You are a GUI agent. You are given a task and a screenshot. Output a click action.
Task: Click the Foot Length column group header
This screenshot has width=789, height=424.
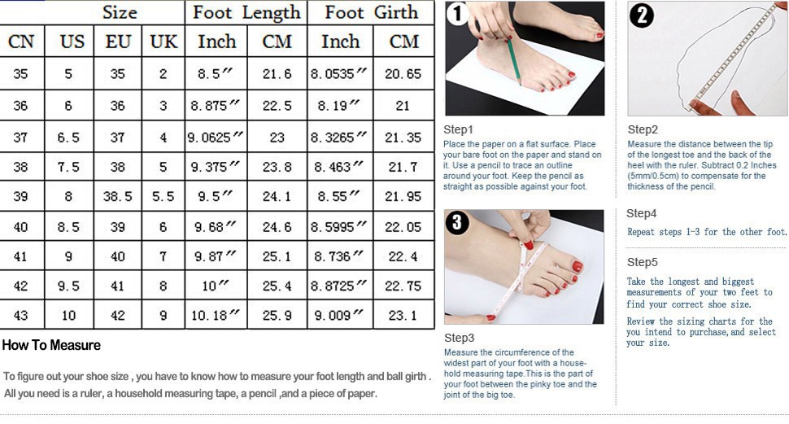point(246,12)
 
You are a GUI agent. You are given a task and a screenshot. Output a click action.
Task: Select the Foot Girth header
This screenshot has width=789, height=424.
point(372,12)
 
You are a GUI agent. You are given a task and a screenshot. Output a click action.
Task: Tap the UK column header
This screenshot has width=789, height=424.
point(163,42)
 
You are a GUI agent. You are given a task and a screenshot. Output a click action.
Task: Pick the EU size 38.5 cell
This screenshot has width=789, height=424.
point(118,196)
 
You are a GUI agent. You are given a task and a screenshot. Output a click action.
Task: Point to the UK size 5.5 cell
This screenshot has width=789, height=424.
point(163,196)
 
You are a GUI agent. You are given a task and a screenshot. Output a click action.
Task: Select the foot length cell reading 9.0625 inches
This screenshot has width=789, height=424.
point(216,137)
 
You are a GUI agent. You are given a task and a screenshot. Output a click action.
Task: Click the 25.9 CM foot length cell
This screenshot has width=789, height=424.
point(277,316)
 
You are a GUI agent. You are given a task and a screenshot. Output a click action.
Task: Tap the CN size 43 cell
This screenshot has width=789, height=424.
point(20,316)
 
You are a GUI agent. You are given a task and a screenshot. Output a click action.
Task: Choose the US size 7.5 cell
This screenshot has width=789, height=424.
point(68,167)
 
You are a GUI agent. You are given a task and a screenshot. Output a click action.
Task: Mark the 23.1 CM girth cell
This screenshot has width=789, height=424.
point(403,316)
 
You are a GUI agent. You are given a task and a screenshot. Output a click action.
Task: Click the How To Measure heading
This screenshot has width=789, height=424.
point(51,345)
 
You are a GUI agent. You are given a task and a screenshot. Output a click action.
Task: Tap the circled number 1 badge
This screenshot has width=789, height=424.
point(457,14)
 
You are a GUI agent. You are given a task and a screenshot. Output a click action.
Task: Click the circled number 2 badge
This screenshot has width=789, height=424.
point(641,15)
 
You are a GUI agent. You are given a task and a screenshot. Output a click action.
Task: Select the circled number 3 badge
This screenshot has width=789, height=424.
point(457,222)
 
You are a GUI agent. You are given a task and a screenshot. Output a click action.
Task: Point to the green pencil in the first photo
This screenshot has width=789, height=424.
point(513,60)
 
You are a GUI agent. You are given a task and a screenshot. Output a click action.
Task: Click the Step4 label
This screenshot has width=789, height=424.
point(642,213)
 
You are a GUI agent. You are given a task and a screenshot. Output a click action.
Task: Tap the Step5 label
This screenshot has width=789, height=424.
point(642,262)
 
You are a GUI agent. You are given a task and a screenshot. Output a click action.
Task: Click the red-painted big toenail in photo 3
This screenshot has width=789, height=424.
point(578,266)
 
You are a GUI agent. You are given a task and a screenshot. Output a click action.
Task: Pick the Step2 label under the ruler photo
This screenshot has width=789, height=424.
point(643,130)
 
